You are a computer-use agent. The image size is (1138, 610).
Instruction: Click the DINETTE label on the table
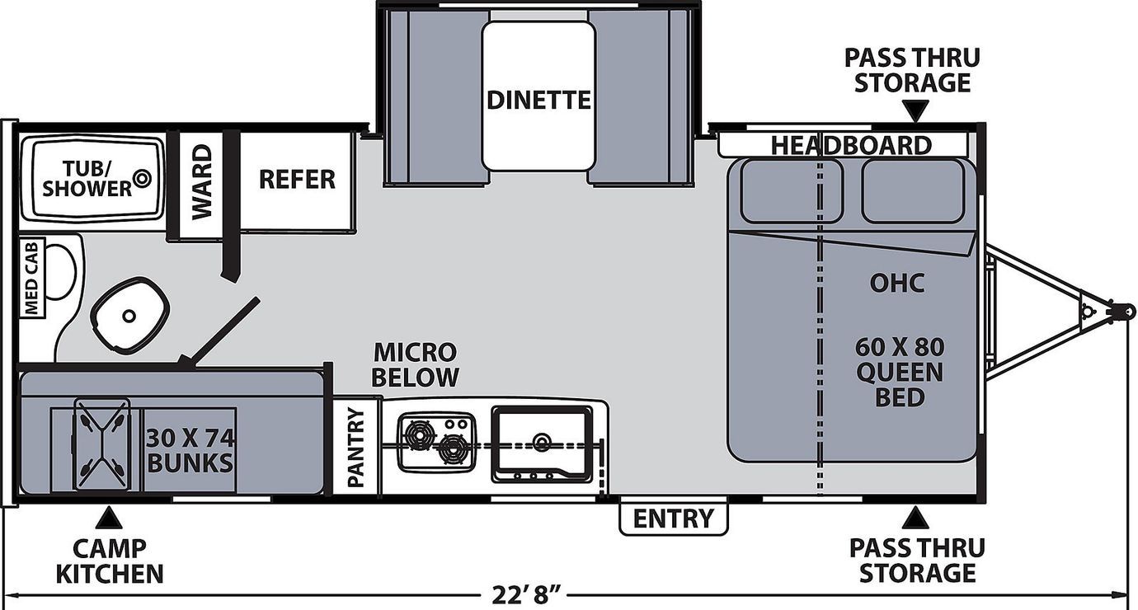tap(538, 100)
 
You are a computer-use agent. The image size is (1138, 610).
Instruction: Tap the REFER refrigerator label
tap(297, 180)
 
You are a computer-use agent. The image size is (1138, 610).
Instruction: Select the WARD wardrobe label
tap(202, 182)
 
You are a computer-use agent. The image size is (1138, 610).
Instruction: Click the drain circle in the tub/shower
tap(142, 178)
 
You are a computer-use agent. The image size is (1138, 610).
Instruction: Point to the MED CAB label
tap(31, 278)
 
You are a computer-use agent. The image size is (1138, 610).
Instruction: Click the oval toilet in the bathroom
tap(129, 316)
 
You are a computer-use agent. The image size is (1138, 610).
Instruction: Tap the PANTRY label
tap(357, 448)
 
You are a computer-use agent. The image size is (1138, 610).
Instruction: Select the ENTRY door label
tap(673, 518)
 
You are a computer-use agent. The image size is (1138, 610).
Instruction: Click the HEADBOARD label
tap(852, 146)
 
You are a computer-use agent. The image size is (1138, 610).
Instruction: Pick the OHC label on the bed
tap(897, 284)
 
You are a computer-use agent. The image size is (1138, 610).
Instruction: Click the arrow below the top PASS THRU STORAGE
tap(915, 110)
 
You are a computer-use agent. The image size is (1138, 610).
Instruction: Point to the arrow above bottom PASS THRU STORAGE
tap(915, 518)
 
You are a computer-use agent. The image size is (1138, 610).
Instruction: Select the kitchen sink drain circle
tap(542, 440)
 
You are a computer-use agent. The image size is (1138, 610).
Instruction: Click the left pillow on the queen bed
tap(791, 190)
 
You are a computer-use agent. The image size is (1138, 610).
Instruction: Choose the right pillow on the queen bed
tap(913, 190)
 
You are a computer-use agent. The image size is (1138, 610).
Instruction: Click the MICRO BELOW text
tap(415, 364)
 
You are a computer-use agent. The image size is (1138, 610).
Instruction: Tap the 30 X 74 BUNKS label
tap(190, 451)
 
